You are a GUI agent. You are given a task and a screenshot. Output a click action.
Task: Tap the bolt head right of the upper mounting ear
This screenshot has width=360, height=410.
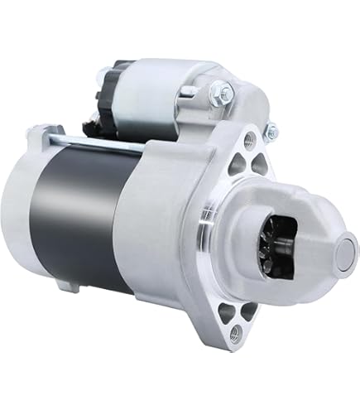pyautogui.click(x=269, y=130)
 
